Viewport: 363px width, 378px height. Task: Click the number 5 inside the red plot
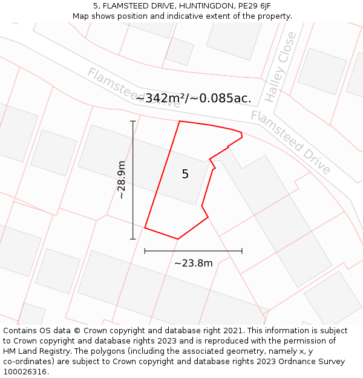coord(185,174)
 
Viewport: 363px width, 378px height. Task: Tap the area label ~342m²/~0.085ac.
coord(193,98)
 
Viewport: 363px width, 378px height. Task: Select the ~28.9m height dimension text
coord(122,180)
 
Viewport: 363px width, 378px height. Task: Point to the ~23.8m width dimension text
coord(193,263)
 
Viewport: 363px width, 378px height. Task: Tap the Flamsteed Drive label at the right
coord(291,142)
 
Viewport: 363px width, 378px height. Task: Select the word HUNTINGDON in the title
coord(194,6)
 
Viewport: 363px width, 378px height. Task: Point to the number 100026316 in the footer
coord(26,372)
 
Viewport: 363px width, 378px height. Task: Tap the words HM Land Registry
coord(36,351)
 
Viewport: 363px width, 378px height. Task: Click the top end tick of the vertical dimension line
coord(133,121)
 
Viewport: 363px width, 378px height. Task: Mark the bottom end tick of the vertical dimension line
coord(133,239)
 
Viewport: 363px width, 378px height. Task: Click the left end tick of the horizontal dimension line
coord(145,250)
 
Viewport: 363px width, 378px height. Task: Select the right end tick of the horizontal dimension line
coord(242,250)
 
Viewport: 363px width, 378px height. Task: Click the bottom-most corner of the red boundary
coord(177,239)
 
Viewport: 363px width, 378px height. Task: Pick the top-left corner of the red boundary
coord(180,121)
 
